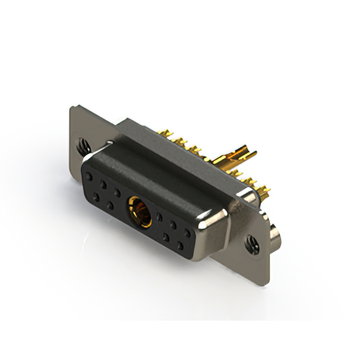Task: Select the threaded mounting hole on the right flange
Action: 250,243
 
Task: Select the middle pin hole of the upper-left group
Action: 103,183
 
